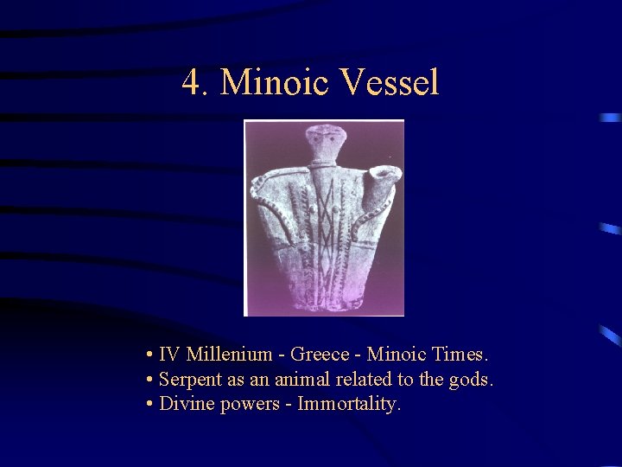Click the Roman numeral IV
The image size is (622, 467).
click(170, 355)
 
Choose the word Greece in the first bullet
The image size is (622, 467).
click(320, 355)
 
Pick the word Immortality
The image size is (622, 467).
click(350, 403)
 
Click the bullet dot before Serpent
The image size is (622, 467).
click(150, 380)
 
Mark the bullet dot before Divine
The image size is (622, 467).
click(150, 404)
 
